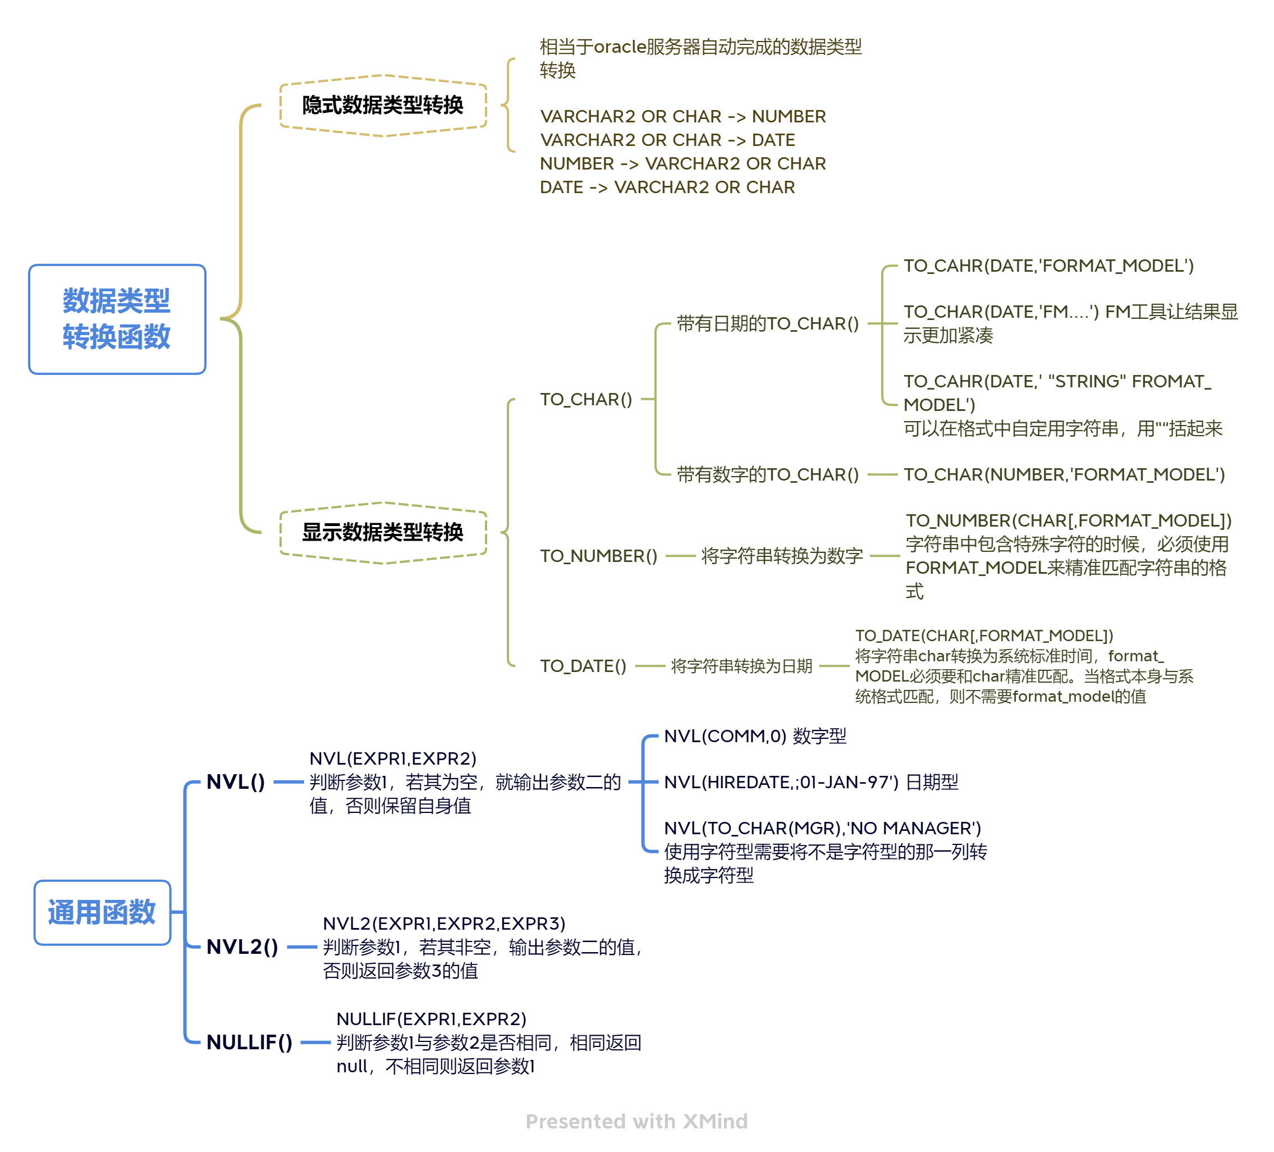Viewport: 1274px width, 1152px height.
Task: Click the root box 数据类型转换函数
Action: [117, 319]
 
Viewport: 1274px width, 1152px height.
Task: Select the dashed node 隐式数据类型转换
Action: [383, 105]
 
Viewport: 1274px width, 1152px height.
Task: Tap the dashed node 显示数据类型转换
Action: [383, 532]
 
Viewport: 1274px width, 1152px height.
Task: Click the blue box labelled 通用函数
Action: [102, 912]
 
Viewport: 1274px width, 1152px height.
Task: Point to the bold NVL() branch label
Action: [236, 782]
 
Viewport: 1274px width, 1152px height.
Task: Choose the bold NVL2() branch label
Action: [242, 947]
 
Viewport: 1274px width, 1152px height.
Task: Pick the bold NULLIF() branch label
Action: [249, 1042]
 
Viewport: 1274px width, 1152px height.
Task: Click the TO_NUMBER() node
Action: [598, 556]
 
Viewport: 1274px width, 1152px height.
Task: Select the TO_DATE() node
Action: [583, 666]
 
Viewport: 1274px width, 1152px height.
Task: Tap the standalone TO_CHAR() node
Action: [586, 399]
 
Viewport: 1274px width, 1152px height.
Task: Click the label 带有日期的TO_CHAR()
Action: [767, 323]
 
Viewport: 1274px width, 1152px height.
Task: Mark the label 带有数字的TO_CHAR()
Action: [767, 474]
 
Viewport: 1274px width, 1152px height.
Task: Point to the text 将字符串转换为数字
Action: [782, 556]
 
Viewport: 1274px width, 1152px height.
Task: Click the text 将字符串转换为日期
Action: [741, 666]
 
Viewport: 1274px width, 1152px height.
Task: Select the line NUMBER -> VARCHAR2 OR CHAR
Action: [682, 163]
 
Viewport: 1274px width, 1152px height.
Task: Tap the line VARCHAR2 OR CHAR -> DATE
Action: [667, 140]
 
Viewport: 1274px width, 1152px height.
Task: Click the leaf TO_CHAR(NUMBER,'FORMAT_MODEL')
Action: [1064, 474]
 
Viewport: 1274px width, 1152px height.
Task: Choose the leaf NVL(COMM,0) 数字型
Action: [754, 736]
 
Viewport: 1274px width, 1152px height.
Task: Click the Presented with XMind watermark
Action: [636, 1121]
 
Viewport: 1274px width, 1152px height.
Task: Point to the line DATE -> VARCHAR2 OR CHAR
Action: [667, 187]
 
